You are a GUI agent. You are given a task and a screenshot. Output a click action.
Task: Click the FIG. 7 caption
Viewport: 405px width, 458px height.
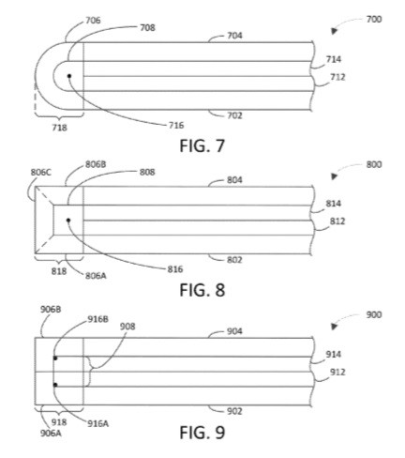point(202,145)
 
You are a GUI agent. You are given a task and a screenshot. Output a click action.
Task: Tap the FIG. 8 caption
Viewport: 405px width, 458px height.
point(202,290)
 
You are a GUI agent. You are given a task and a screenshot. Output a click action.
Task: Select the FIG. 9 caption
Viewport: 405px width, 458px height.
point(202,433)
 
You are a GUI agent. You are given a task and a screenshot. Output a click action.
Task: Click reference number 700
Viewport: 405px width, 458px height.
point(374,20)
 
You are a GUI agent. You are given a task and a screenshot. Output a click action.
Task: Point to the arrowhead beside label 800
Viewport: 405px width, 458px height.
point(334,176)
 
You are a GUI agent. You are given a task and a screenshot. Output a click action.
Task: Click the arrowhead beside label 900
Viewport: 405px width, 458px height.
point(334,327)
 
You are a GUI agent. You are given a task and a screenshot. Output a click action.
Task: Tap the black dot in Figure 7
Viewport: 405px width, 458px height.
point(69,76)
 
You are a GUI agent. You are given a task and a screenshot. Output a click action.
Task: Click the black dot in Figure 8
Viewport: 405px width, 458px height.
point(68,221)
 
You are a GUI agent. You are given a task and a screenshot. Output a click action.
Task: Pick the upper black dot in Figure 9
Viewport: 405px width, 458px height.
point(55,358)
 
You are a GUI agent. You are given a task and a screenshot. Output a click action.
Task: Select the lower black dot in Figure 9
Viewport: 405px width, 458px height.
point(55,385)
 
